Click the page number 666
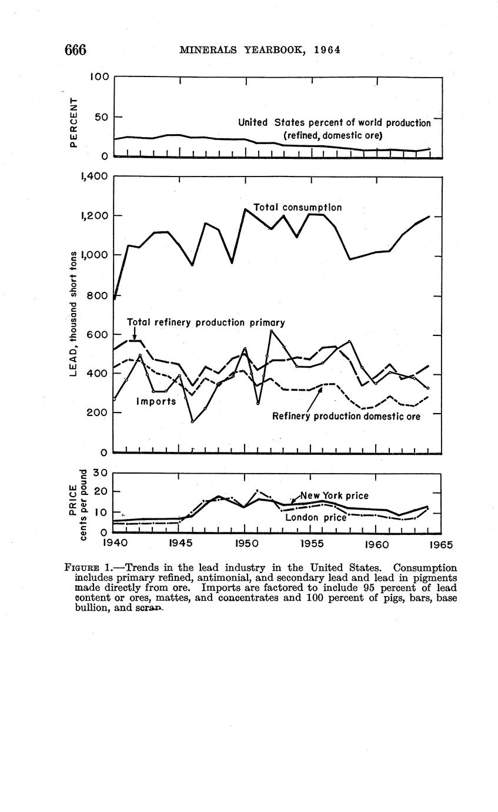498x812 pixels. pos(75,50)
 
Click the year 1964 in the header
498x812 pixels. pos(327,50)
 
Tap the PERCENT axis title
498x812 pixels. pos(73,122)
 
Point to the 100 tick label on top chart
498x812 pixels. pos(99,76)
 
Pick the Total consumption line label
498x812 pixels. pos(298,208)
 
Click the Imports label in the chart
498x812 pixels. pos(156,401)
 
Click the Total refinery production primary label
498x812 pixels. pos(206,322)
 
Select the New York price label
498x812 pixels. pos(334,495)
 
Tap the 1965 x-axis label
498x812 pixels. pos(440,544)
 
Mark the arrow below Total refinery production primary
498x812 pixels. pos(134,334)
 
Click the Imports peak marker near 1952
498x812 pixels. pos(271,331)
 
